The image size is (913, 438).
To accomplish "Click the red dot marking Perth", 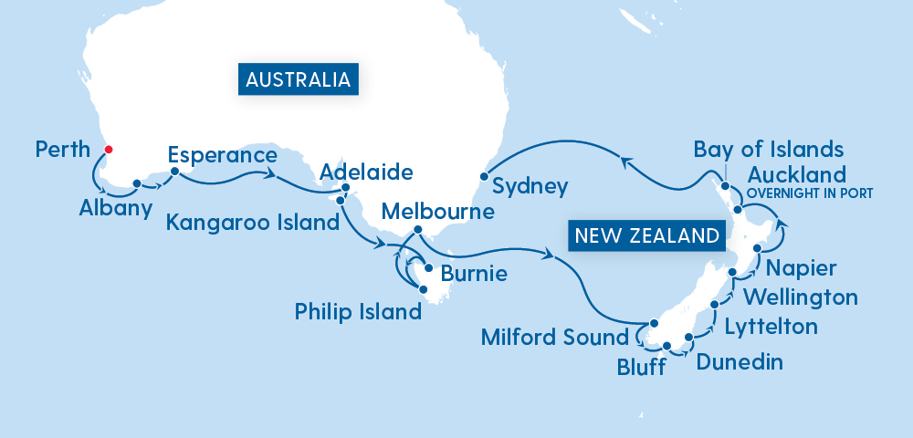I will click(108, 150).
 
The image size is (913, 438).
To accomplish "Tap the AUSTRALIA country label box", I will click(298, 79).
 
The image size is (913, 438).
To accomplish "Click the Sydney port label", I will click(530, 187).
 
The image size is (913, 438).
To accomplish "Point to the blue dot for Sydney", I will click(482, 175).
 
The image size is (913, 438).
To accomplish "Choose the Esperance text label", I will click(222, 155).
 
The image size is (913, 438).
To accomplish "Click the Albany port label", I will click(114, 209).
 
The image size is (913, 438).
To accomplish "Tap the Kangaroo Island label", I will click(251, 222).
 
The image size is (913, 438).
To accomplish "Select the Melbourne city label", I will click(438, 212).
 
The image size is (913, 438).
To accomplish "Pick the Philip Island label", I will click(358, 312).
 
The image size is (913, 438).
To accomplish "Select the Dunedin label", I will click(740, 362).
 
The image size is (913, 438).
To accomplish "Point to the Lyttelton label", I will click(771, 326).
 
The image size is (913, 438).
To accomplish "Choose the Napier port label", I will click(801, 268).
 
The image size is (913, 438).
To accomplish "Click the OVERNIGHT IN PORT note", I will click(810, 193).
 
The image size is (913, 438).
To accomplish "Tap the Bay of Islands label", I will click(769, 149).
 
